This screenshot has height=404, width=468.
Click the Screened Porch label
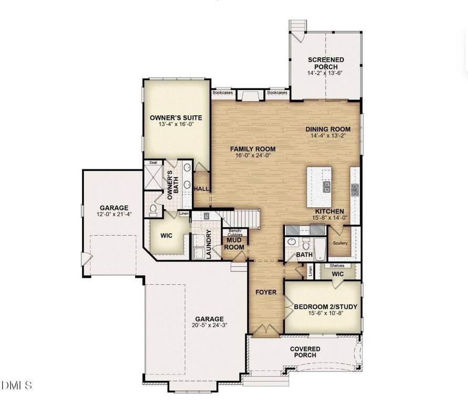coord(326,63)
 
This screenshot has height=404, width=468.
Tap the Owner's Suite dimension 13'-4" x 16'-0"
coord(176,124)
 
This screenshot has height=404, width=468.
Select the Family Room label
coord(253,149)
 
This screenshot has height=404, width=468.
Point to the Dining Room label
coord(328,129)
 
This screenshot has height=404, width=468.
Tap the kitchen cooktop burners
coord(355,190)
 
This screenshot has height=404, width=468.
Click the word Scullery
coord(340,243)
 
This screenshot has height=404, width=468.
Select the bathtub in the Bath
coord(320,249)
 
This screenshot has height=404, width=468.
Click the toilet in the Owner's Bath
coord(153,210)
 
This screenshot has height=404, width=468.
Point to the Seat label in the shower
coord(153,163)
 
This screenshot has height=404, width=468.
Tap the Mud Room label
coord(234,244)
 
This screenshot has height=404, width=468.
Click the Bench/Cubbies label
coord(235,233)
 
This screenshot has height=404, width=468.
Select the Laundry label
coord(209,244)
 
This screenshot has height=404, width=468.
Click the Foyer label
coord(266,292)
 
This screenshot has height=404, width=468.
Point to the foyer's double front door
coord(266,329)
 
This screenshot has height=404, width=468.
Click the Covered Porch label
coord(305,352)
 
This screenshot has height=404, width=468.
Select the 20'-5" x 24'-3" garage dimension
coord(209,325)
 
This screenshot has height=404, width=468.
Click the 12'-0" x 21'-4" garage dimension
coord(114,214)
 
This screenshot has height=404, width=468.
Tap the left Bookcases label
coord(222,93)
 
